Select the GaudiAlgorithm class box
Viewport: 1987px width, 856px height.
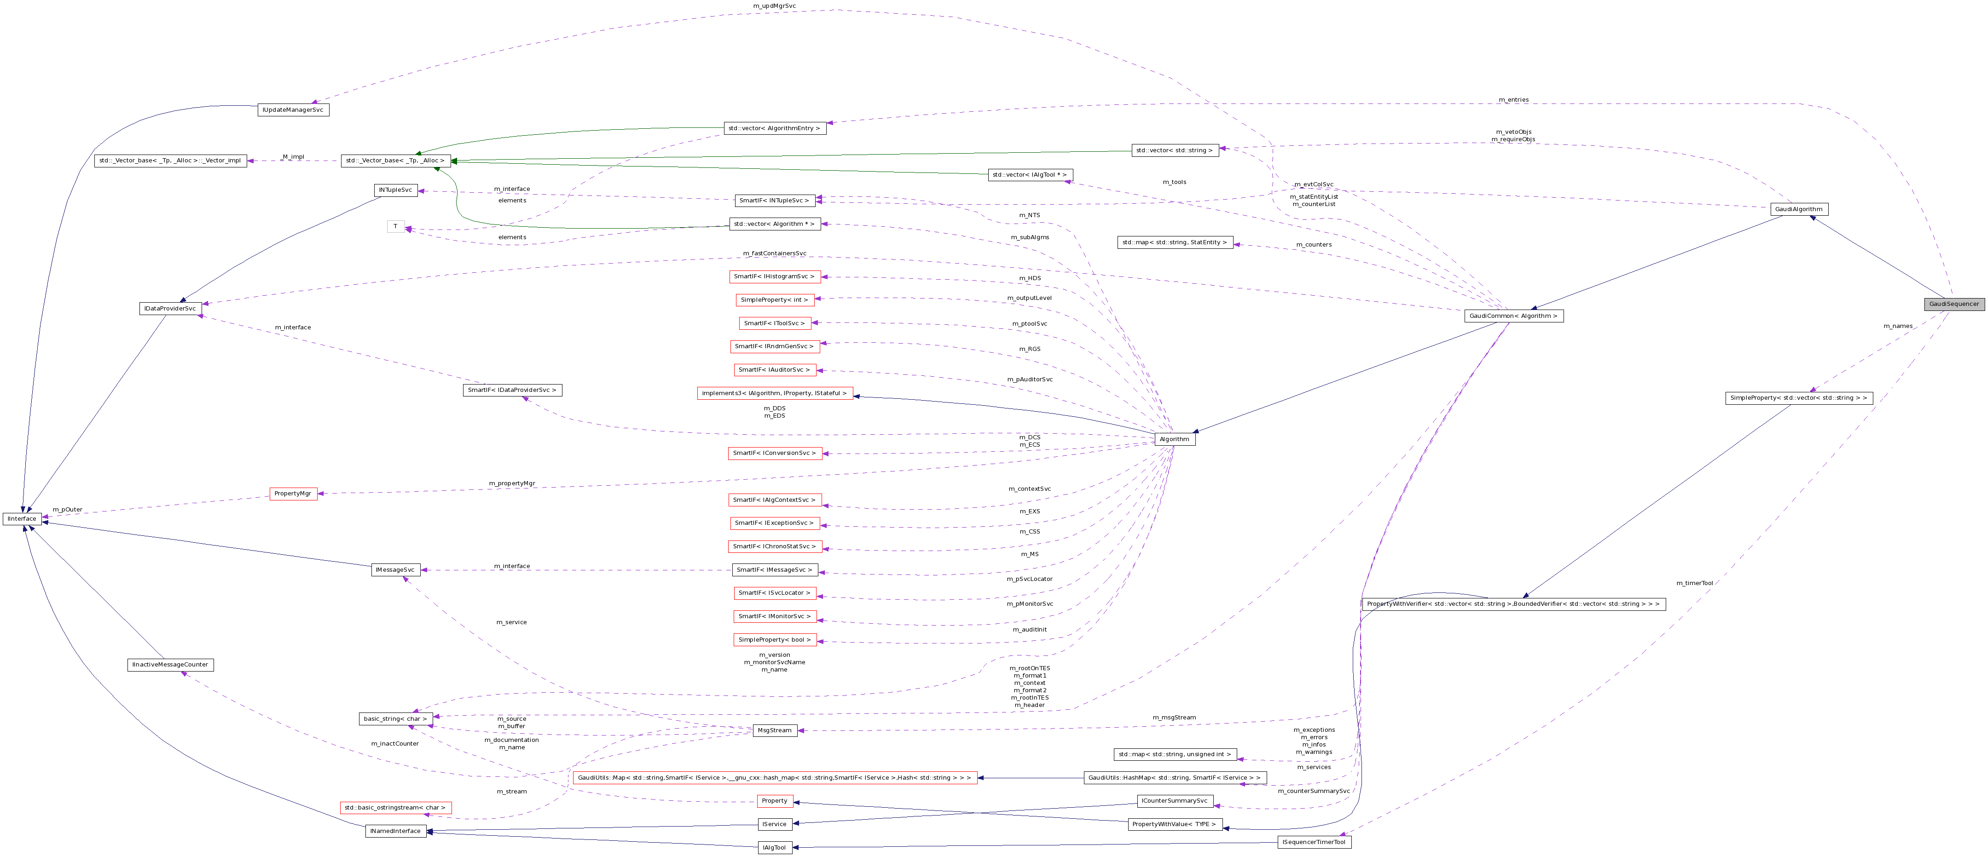pyautogui.click(x=1798, y=209)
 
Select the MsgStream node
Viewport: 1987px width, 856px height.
pyautogui.click(x=774, y=730)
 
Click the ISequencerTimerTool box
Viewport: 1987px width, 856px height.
pyautogui.click(x=1314, y=842)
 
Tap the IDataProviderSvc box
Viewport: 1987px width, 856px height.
pyautogui.click(x=170, y=309)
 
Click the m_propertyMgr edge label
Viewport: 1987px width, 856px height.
pyautogui.click(x=511, y=483)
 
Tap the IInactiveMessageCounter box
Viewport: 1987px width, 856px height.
pyautogui.click(x=170, y=665)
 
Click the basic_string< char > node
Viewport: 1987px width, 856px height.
pyautogui.click(x=395, y=719)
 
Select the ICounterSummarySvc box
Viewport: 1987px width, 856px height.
pyautogui.click(x=1174, y=800)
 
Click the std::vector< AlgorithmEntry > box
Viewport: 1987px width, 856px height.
pyautogui.click(x=774, y=128)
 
